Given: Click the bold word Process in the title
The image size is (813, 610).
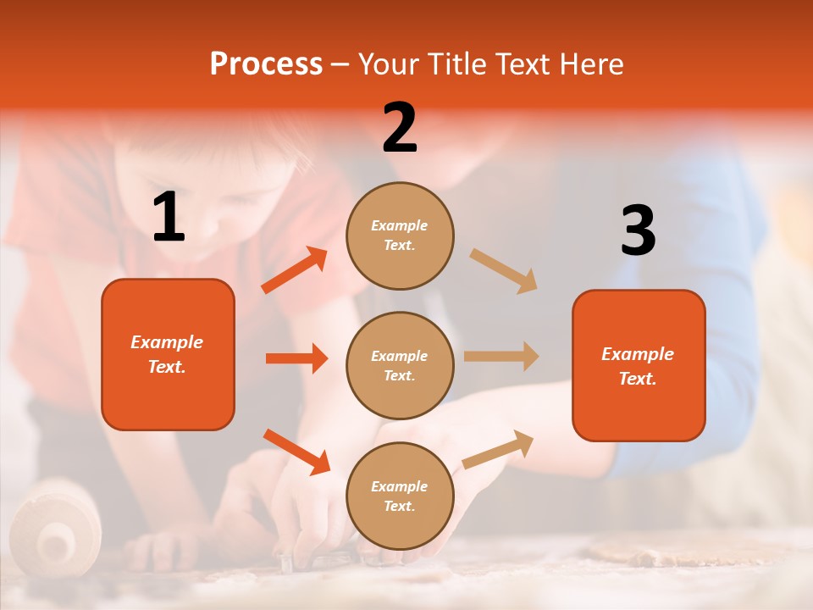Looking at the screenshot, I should tap(266, 64).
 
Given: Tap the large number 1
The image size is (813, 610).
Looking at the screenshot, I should tap(169, 218).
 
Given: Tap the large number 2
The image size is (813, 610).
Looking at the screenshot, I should tap(400, 128).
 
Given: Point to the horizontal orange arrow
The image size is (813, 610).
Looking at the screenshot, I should tap(296, 358).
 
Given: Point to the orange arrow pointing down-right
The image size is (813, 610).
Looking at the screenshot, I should tap(296, 452).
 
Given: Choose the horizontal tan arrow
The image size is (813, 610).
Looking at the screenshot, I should tap(501, 356).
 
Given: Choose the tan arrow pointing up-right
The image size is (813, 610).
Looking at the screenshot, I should tap(498, 449).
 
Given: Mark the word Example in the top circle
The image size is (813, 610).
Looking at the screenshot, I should tap(400, 225).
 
